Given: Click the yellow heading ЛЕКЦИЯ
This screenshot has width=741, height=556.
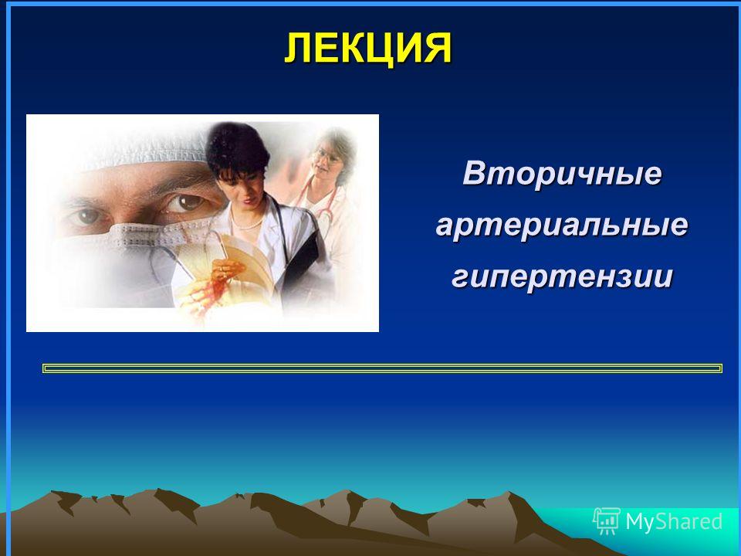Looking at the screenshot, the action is click(x=367, y=48).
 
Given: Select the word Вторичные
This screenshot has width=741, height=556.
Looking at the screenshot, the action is click(x=562, y=175).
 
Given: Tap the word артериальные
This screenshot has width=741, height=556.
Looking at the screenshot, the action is click(x=562, y=226).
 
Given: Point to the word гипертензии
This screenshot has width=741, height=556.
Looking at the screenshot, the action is click(x=562, y=277).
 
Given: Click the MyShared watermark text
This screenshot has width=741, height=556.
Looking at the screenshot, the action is click(x=674, y=521).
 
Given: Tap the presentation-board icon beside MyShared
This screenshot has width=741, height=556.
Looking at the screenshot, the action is click(x=607, y=521).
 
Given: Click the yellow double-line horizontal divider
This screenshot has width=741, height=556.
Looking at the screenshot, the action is click(x=382, y=368).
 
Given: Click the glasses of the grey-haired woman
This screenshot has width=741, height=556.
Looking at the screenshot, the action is click(x=326, y=156).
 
